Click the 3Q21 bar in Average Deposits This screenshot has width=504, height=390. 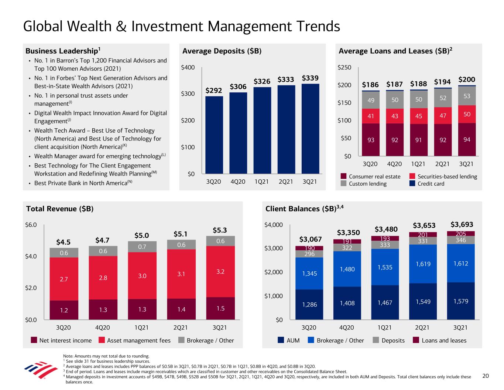pos(310,128)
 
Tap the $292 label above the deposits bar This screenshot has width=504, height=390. pos(214,90)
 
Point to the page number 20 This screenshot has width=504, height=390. pos(486,376)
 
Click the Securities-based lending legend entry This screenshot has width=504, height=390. pos(443,177)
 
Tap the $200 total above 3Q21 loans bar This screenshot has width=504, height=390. pos(467,79)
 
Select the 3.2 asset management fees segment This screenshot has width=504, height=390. pos(220,271)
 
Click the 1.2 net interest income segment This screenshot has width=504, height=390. pos(64,310)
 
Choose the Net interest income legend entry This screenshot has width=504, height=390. pos(61,340)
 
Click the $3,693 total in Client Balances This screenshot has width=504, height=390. pos(462,224)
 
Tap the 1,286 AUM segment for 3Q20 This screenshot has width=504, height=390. pos(309,305)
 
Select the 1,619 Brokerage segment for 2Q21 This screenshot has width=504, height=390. pos(423,264)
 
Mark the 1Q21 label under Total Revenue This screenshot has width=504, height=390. pos(142,328)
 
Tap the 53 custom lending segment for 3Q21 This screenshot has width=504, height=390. pos(467,96)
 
